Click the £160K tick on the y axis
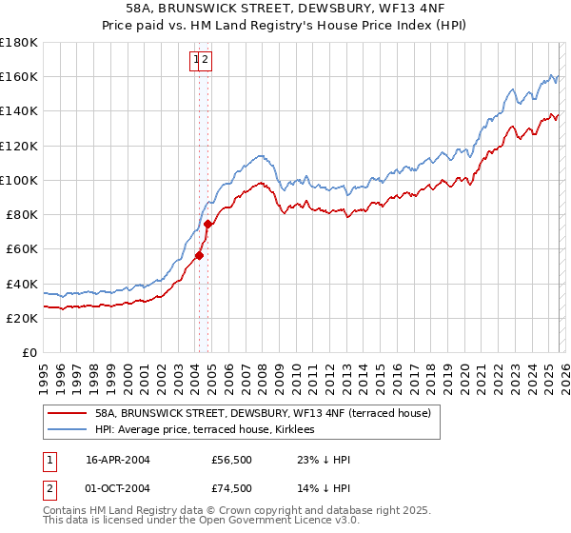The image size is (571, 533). [x=19, y=76]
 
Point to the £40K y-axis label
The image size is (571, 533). [x=22, y=284]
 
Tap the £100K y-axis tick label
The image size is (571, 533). [x=19, y=180]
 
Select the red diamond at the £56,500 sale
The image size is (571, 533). [x=200, y=255]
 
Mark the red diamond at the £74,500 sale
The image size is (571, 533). [x=207, y=224]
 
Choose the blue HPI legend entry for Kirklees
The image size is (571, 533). [x=210, y=430]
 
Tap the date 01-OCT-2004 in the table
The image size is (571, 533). [x=118, y=488]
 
